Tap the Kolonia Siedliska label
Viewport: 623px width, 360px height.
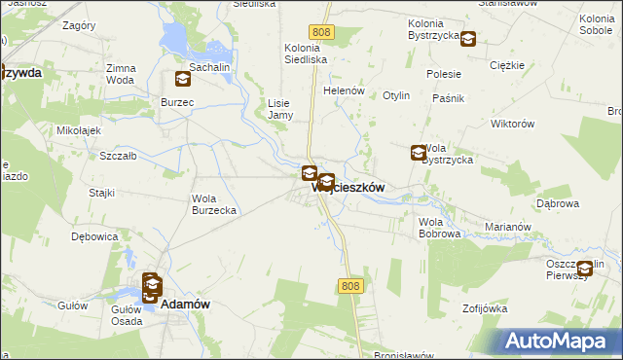306,53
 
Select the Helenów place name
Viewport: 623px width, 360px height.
344,90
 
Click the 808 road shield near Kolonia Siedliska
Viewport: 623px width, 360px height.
323,32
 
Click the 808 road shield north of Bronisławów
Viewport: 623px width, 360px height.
351,285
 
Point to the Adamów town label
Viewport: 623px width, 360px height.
185,304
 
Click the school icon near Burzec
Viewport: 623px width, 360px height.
183,80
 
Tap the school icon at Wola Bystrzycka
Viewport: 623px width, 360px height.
419,153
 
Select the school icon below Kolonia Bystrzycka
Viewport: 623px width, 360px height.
468,40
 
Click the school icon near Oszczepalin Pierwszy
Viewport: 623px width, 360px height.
584,270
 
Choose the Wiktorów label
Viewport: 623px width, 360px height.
514,125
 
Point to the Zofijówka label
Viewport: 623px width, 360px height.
486,308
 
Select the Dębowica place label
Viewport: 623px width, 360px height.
94,236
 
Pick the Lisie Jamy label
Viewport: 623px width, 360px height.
280,108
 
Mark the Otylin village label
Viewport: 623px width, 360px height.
396,96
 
